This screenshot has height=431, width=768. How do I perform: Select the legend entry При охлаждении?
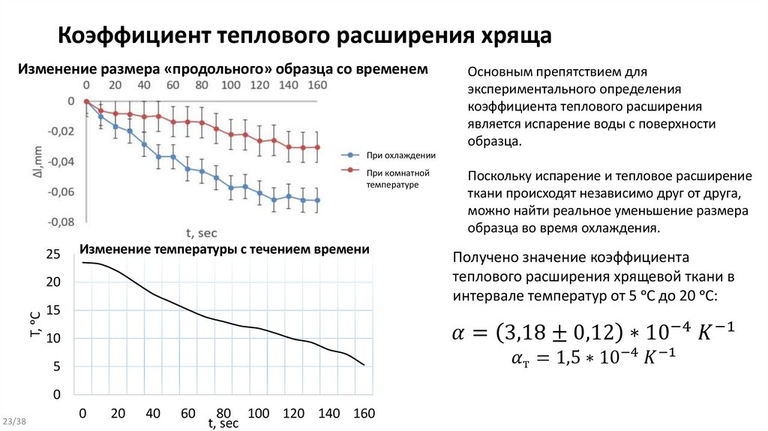tap(401, 155)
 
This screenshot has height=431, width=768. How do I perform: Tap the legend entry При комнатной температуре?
tap(394, 177)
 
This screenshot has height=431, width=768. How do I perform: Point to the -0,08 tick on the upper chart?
tap(61, 222)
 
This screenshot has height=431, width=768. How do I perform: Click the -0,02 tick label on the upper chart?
tap(61, 131)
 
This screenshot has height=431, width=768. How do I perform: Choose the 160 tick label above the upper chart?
tap(317, 85)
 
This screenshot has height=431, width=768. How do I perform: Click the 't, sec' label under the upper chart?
tap(201, 234)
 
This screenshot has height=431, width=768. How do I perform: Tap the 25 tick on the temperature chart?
tap(52, 254)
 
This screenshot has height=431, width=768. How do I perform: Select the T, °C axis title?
tap(35, 324)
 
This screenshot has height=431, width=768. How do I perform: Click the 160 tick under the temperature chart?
tap(364, 413)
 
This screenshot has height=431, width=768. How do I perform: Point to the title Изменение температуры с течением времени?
tap(225, 249)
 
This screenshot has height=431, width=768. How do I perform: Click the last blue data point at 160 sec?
tap(317, 200)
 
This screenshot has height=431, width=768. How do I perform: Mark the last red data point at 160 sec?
tap(317, 147)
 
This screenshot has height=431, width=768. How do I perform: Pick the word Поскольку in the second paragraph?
tap(501, 176)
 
